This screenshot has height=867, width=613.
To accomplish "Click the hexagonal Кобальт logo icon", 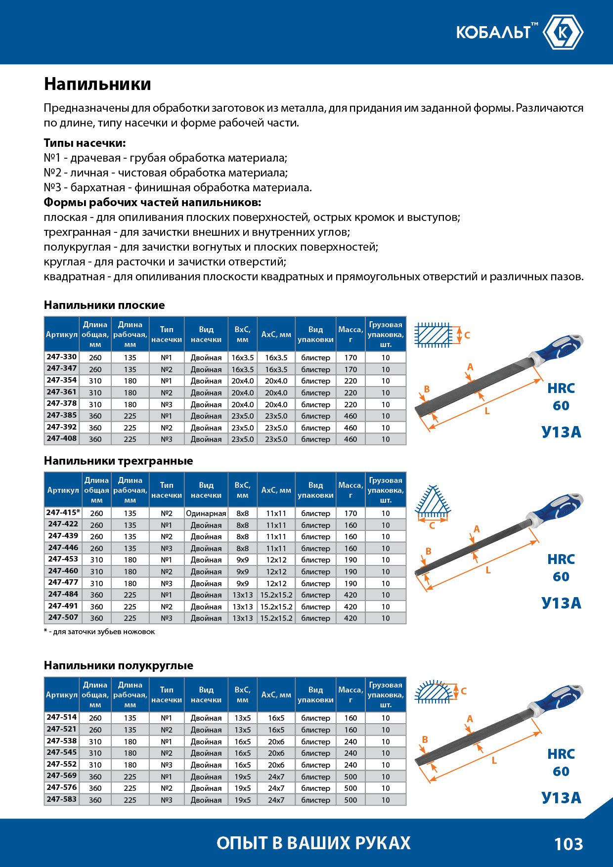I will [563, 32].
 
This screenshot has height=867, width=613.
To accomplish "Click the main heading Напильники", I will [97, 84].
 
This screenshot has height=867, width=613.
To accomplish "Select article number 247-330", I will [62, 357].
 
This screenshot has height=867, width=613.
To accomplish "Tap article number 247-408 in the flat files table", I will [62, 438].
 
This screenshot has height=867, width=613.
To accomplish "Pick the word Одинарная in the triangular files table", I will [206, 513].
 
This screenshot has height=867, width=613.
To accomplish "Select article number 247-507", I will [63, 617].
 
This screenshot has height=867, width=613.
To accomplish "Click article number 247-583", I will [62, 799].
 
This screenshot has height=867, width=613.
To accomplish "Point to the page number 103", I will [569, 844].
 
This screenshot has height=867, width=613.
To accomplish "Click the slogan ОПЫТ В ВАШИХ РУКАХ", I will [313, 843].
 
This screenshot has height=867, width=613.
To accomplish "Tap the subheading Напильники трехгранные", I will [118, 461].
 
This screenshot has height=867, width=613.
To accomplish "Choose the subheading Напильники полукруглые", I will [118, 665].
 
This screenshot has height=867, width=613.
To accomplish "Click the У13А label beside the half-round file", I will [561, 798].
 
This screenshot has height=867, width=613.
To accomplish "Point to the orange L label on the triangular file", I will [488, 570].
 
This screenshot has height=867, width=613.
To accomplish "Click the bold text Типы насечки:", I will [85, 143].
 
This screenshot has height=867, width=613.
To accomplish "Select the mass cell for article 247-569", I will [350, 777].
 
